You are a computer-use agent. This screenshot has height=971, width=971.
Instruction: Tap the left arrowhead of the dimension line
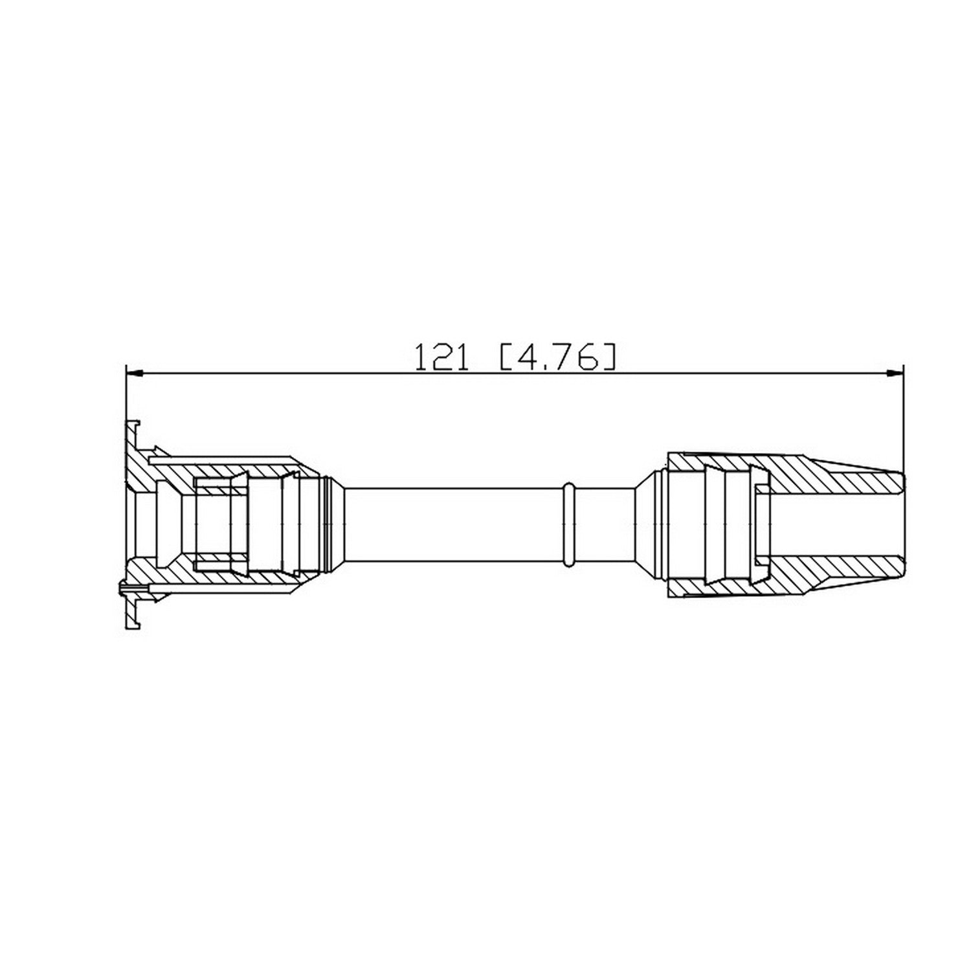(133, 373)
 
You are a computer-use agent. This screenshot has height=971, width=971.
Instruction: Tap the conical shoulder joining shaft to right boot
(643, 523)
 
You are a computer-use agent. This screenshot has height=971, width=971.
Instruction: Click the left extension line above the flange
(125, 401)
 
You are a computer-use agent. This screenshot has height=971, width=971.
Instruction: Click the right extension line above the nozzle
(903, 421)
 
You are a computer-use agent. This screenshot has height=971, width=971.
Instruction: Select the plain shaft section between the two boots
(453, 523)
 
